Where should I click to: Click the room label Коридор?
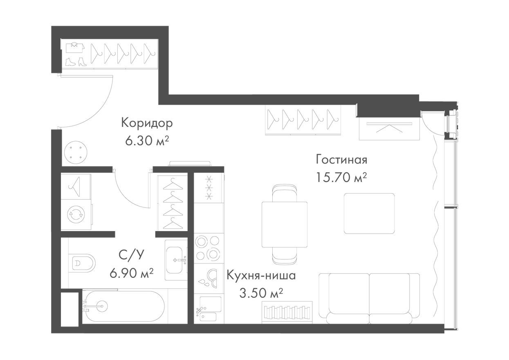pos(147,123)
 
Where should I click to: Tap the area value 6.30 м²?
pos(147,141)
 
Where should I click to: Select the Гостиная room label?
pos(341,159)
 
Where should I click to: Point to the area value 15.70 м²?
pos(341,178)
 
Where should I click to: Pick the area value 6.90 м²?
pos(131,272)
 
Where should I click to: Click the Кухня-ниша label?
pos(261,275)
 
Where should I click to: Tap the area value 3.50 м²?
pos(261,293)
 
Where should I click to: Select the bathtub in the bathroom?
pos(123,306)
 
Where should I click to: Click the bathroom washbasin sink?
pos(176,259)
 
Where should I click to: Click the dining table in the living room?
pos(285,224)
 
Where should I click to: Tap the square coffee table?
pos(369,214)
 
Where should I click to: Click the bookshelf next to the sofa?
pos(287,312)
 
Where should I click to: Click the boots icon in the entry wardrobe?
pos(76,61)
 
